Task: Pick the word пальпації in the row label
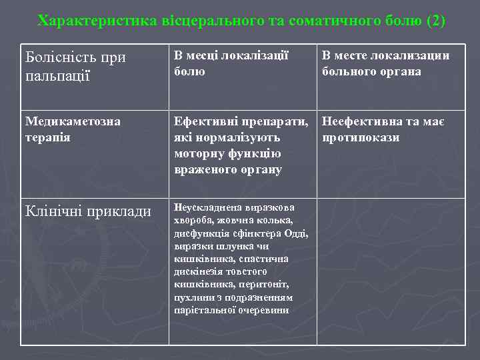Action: pos(57,75)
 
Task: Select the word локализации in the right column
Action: pos(410,56)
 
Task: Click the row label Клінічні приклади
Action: pos(87,211)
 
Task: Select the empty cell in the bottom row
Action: pos(391,271)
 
